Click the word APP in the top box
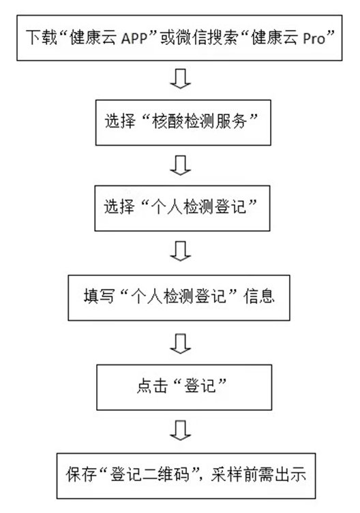134,39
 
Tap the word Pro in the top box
314,39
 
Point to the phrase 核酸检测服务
199,121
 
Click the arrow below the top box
180,78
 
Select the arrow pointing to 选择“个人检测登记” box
180,166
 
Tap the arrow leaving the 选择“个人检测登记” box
180,251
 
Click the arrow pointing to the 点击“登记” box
180,343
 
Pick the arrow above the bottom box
180,431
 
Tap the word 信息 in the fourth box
258,296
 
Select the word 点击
152,386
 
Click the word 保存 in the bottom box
81,474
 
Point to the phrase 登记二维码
150,474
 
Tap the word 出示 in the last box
291,474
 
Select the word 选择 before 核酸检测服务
120,121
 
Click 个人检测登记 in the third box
198,207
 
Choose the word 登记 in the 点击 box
200,386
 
